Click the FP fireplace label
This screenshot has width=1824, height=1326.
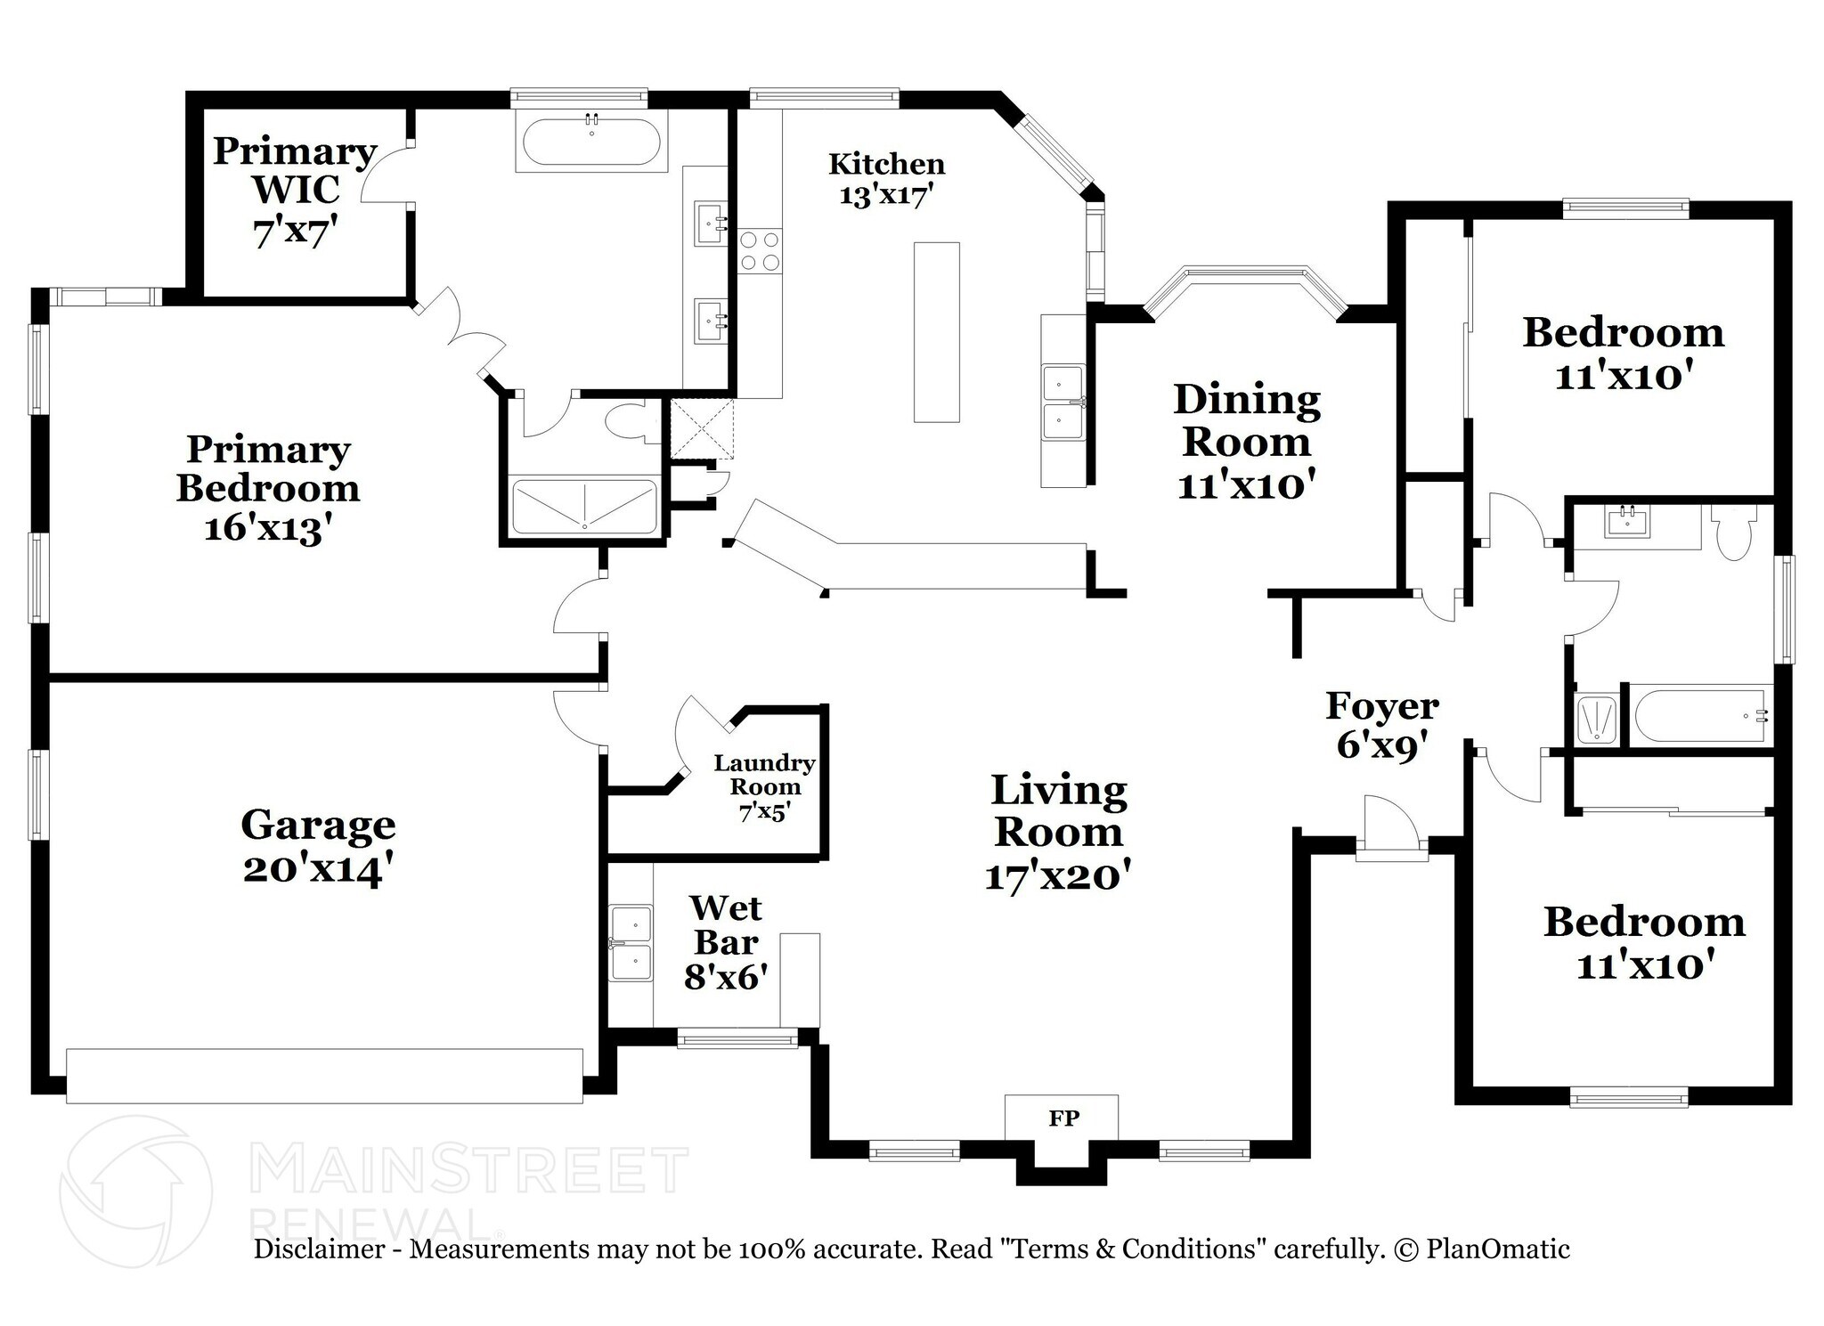pyautogui.click(x=1063, y=1119)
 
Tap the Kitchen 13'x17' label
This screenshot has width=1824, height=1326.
pyautogui.click(x=886, y=178)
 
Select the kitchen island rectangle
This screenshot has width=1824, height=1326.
pyautogui.click(x=936, y=331)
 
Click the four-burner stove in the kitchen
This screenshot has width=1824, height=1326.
pyautogui.click(x=760, y=250)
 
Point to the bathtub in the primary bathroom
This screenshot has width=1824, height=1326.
pyautogui.click(x=591, y=144)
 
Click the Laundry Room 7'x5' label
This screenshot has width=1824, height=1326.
pyautogui.click(x=764, y=787)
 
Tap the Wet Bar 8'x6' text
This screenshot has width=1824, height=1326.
pyautogui.click(x=725, y=942)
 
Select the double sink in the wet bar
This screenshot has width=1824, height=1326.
pyautogui.click(x=631, y=942)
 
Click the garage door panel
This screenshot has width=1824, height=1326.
pyautogui.click(x=324, y=1076)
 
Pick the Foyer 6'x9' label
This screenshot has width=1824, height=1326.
pyautogui.click(x=1381, y=724)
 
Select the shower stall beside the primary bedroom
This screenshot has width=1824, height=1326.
pyautogui.click(x=584, y=507)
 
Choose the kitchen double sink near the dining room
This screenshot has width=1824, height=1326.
pyautogui.click(x=1063, y=403)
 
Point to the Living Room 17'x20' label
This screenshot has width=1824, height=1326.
pyautogui.click(x=1058, y=832)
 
